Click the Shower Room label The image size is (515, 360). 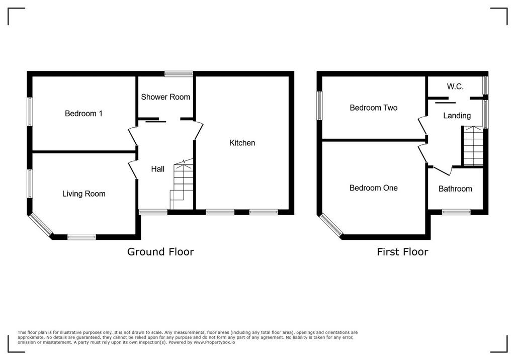coord(165,97)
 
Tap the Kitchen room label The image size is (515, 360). coord(242,143)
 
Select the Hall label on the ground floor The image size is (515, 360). coord(157,169)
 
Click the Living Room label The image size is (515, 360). coord(84,194)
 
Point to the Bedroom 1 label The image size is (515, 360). coord(83,114)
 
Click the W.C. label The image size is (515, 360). coord(455,86)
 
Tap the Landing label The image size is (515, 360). coord(457,116)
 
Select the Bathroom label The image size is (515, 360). coord(455,189)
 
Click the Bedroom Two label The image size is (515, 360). coord(374,108)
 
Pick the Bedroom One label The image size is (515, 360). coord(374,188)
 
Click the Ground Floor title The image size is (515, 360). coord(160,252)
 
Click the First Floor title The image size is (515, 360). coord(402,252)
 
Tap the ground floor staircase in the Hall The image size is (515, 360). coord(182,184)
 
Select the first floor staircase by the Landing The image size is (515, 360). coord(473,146)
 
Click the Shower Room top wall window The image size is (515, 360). coord(179,73)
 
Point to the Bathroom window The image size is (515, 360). coord(456,212)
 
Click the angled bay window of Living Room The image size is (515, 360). coord(41,225)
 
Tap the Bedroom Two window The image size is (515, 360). coord(319,106)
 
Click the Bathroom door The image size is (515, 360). coord(443,170)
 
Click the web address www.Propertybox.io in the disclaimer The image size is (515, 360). coord(214,342)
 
